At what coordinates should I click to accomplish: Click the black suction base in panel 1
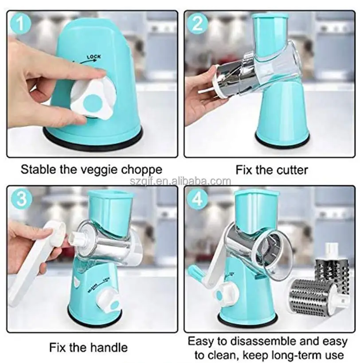coord(93,141)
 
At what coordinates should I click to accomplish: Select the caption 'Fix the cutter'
coord(271,170)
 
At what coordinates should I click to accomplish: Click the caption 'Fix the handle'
coord(88,347)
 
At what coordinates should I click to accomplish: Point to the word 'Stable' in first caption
coord(37,170)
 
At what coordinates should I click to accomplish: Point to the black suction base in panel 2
coord(282,142)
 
